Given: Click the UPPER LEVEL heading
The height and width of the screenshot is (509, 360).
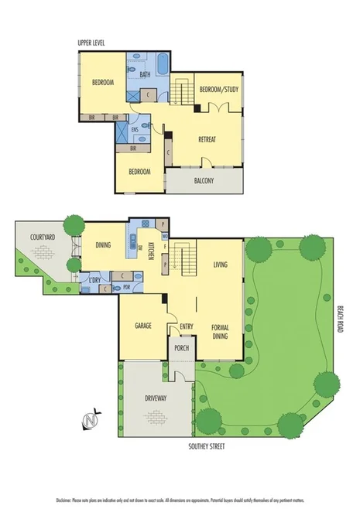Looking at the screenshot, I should [x=91, y=42].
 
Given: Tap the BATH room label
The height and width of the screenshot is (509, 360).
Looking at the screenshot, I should [x=145, y=75].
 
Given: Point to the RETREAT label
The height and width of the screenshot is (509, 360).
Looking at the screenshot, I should [x=207, y=139].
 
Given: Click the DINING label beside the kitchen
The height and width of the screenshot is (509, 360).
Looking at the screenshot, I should [x=103, y=245].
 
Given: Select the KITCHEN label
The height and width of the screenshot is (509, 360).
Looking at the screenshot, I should [x=151, y=251].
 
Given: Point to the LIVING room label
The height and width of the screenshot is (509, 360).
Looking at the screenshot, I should [x=221, y=265].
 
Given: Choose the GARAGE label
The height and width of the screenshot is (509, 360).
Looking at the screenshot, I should [x=142, y=326].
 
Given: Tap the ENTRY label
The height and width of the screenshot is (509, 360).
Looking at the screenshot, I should [x=186, y=326].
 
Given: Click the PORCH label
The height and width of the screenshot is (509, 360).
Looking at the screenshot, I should [x=181, y=348].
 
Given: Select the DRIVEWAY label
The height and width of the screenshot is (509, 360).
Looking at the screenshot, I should [x=157, y=398].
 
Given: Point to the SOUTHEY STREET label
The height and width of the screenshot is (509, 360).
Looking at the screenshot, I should [x=211, y=447].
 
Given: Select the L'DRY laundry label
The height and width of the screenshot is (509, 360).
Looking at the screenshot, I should [x=94, y=278].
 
